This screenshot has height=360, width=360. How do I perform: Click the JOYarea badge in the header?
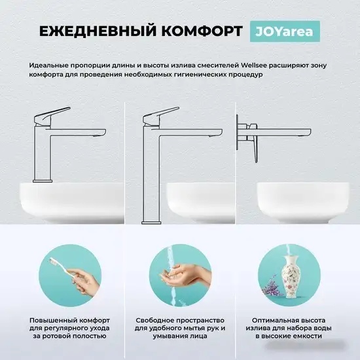[281, 32]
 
